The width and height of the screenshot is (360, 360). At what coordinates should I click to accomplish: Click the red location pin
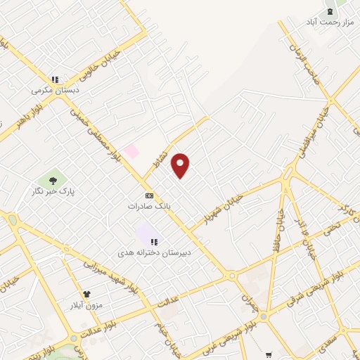(x=181, y=165)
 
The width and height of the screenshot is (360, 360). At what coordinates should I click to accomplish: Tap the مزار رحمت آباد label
(x=326, y=22)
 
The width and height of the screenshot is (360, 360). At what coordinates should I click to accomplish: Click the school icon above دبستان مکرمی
(x=54, y=79)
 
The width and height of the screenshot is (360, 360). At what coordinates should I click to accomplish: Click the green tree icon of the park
(x=51, y=179)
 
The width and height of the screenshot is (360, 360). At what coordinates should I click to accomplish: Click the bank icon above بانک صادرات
(x=149, y=195)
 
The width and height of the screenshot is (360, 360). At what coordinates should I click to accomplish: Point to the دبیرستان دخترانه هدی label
(x=154, y=252)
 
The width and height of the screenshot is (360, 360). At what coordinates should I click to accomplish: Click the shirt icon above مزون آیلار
(x=87, y=295)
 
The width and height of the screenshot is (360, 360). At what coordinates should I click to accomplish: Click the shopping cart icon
(x=269, y=354)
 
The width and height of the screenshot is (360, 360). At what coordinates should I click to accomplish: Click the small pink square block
(x=131, y=151)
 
